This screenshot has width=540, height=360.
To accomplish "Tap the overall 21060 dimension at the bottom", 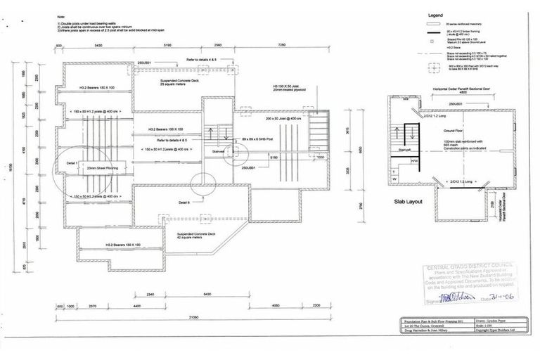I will tap(185, 317).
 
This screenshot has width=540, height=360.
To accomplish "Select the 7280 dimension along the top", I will tap(281, 44).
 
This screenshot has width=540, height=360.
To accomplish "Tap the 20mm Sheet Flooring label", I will tap(102, 169).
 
